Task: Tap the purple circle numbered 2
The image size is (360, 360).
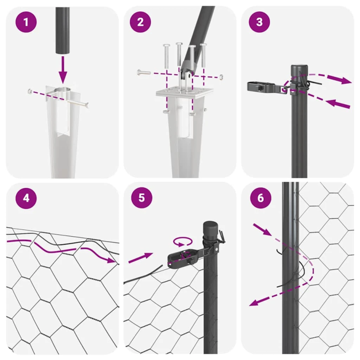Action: (140, 22)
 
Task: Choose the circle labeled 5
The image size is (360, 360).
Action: (140, 198)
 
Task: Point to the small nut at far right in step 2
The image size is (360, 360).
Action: (221, 77)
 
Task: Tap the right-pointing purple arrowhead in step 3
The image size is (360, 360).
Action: (346, 81)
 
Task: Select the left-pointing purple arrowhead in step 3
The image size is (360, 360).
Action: (331, 103)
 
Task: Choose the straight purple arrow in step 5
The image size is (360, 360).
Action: (140, 258)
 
